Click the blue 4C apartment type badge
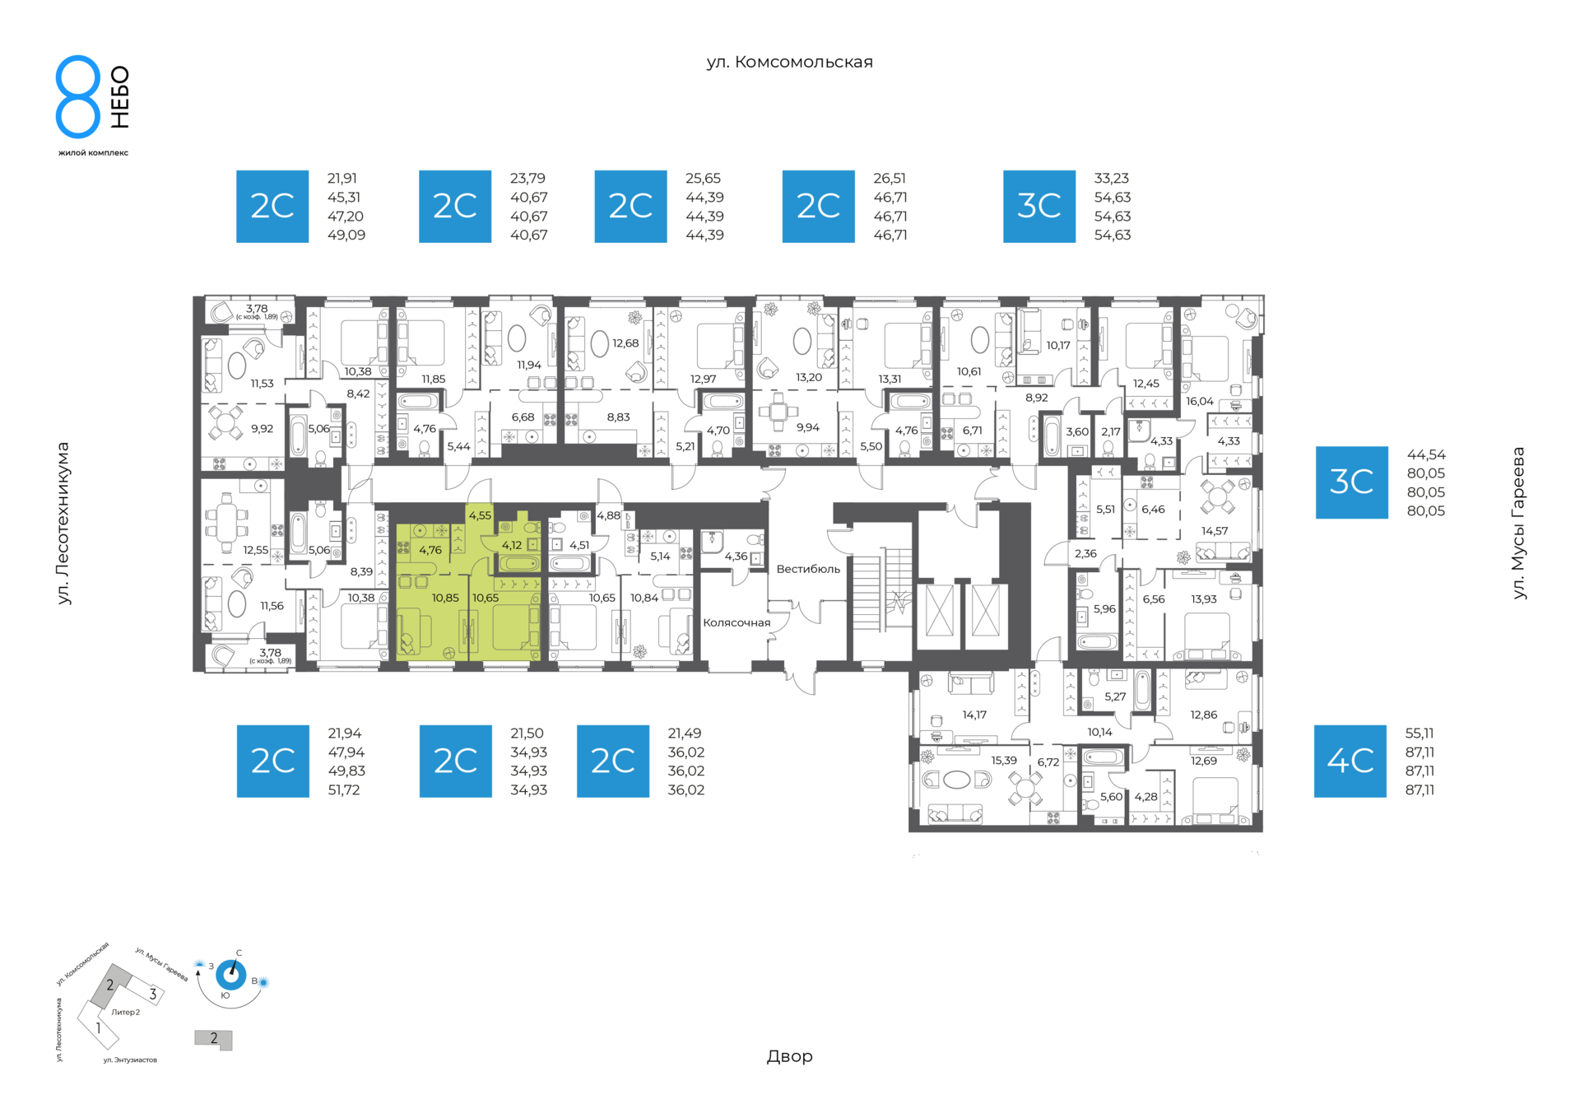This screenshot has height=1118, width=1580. click(x=1350, y=761)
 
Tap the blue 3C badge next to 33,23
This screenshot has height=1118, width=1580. click(x=1039, y=207)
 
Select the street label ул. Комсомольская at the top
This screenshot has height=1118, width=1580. click(x=789, y=63)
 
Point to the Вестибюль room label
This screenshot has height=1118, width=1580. click(x=808, y=569)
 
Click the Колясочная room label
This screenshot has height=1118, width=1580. click(x=737, y=622)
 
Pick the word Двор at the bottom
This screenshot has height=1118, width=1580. click(x=789, y=1056)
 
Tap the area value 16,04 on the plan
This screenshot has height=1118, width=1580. click(x=1199, y=402)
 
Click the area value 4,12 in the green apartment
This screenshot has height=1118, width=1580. click(x=511, y=545)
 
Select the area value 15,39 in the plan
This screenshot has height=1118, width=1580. click(x=1004, y=761)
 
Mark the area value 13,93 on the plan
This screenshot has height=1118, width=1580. click(x=1203, y=599)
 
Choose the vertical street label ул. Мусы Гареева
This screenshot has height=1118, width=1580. click(x=1519, y=523)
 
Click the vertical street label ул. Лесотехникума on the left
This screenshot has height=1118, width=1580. click(x=63, y=524)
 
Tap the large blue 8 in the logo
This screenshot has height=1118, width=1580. click(x=78, y=96)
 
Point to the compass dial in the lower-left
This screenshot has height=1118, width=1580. click(x=230, y=976)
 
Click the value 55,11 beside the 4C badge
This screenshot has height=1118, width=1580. click(x=1420, y=733)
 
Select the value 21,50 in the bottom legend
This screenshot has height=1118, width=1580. click(x=527, y=733)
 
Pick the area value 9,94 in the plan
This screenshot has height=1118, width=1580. click(x=807, y=427)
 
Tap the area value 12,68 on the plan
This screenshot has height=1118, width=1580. click(x=625, y=343)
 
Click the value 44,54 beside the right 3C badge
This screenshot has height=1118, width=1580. click(x=1426, y=454)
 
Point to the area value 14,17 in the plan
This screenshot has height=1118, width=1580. click(x=974, y=715)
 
